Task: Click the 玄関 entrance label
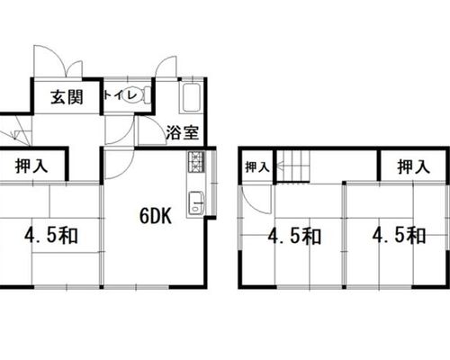coord(67,97)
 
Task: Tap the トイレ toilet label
coord(120,95)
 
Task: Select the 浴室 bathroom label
coord(183,132)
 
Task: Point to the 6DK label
coord(156,216)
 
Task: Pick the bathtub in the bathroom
coord(191,97)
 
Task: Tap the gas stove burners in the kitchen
coord(196,161)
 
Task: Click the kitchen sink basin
coord(196,202)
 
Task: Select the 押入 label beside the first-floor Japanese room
coord(31,166)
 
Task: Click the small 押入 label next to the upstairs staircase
coord(257,167)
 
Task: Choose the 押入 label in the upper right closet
coord(414,166)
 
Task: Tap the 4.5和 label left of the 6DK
coord(51,235)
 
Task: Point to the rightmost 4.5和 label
coord(399,235)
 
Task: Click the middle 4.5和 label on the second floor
coord(294,236)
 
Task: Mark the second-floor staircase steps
coord(292,166)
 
